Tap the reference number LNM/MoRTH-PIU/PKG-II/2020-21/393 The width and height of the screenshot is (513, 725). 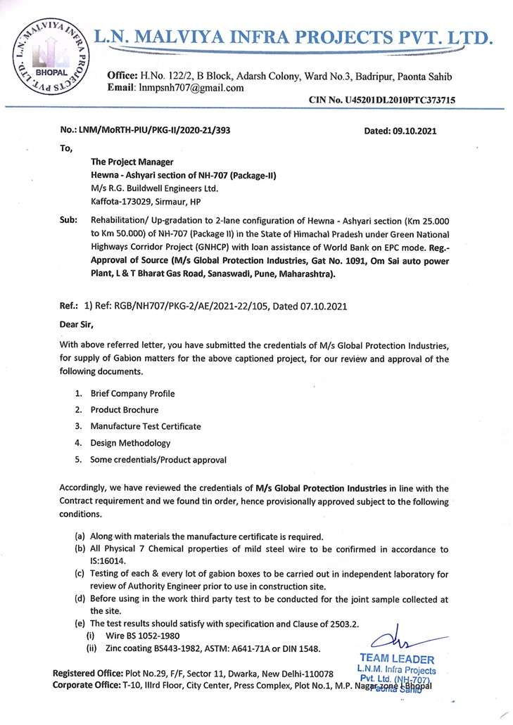click(x=165, y=131)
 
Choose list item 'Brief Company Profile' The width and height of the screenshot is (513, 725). click(x=132, y=394)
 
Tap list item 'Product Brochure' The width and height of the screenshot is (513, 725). click(x=125, y=410)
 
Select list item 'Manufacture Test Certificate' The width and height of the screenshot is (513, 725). click(x=146, y=426)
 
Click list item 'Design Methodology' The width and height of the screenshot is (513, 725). click(x=130, y=443)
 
